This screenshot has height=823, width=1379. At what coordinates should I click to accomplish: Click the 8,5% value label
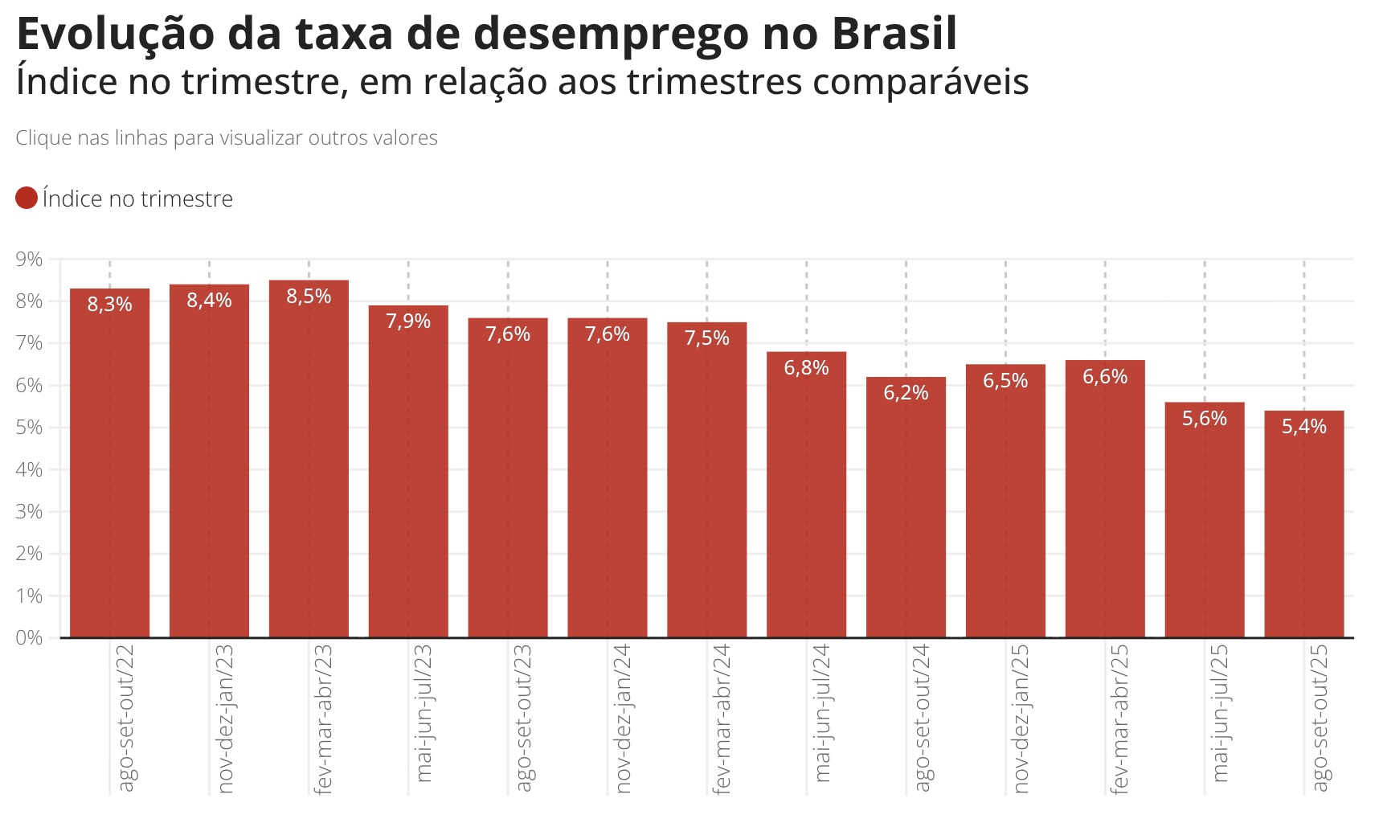[309, 297]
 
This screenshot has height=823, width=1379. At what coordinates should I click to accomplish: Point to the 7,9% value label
[408, 321]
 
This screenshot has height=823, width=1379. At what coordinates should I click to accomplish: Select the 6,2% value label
[906, 393]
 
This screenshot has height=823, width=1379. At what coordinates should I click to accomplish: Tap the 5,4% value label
[1303, 427]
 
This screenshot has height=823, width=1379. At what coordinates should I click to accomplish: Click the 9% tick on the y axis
[29, 259]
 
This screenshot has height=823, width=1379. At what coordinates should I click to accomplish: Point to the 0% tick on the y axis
[29, 637]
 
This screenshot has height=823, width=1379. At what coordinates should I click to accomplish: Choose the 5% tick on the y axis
[29, 427]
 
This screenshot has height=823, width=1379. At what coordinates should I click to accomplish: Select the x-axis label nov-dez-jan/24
[624, 717]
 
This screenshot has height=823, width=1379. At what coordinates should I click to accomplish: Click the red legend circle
[27, 198]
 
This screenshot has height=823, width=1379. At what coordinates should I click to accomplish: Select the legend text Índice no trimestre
[137, 199]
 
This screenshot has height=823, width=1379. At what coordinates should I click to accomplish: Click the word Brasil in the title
[894, 34]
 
